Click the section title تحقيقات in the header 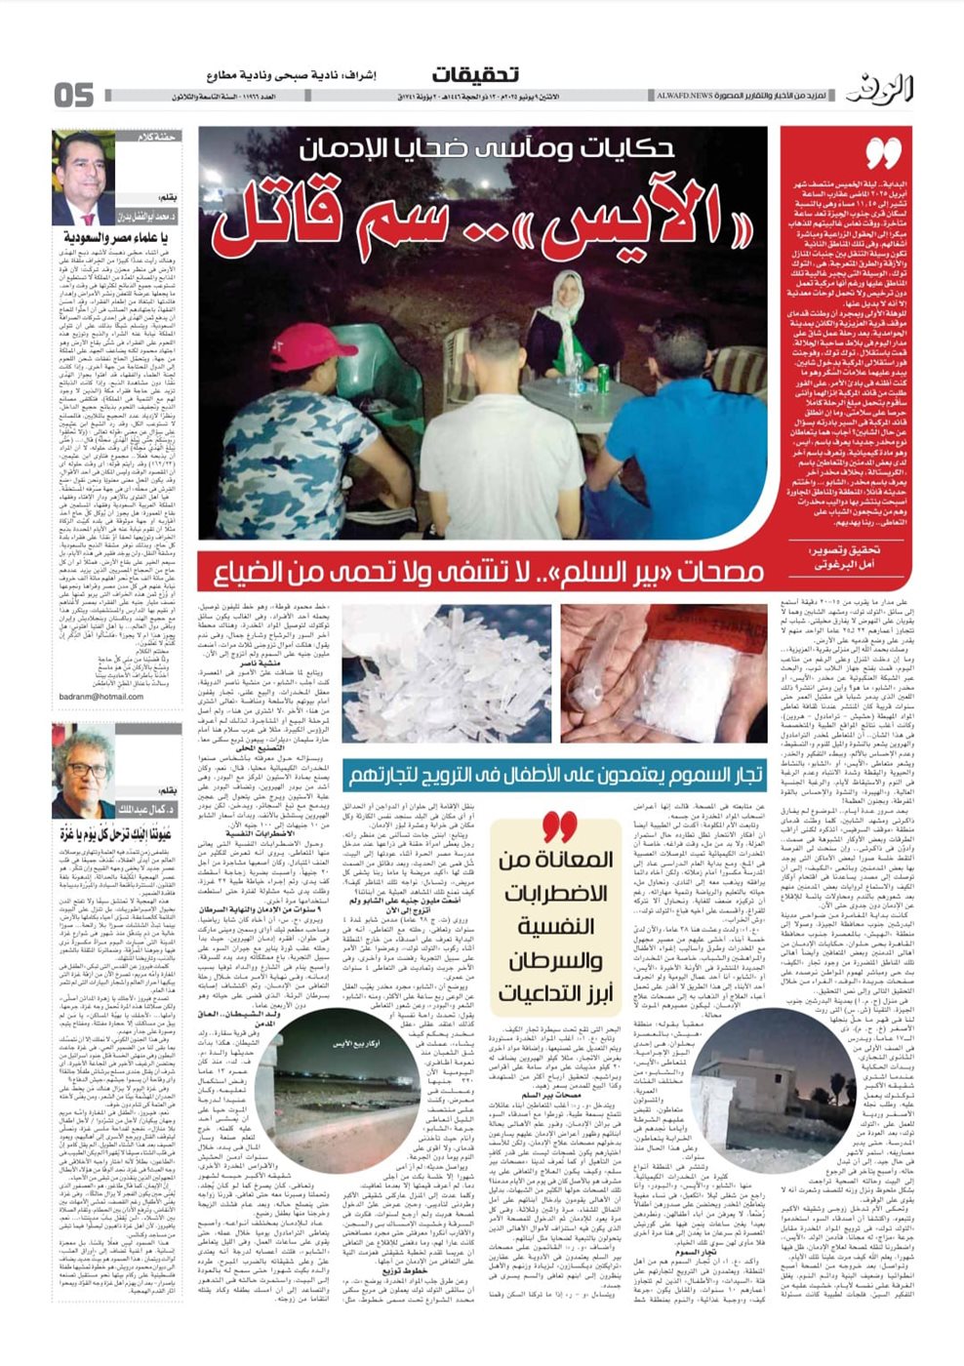click(x=475, y=74)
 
